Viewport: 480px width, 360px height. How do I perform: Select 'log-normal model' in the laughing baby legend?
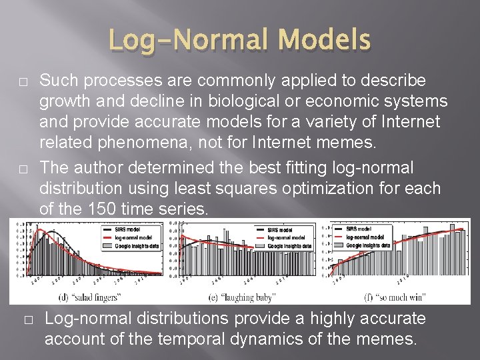tap(286, 237)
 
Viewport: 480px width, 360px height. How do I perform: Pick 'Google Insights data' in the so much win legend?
tap(366, 245)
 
